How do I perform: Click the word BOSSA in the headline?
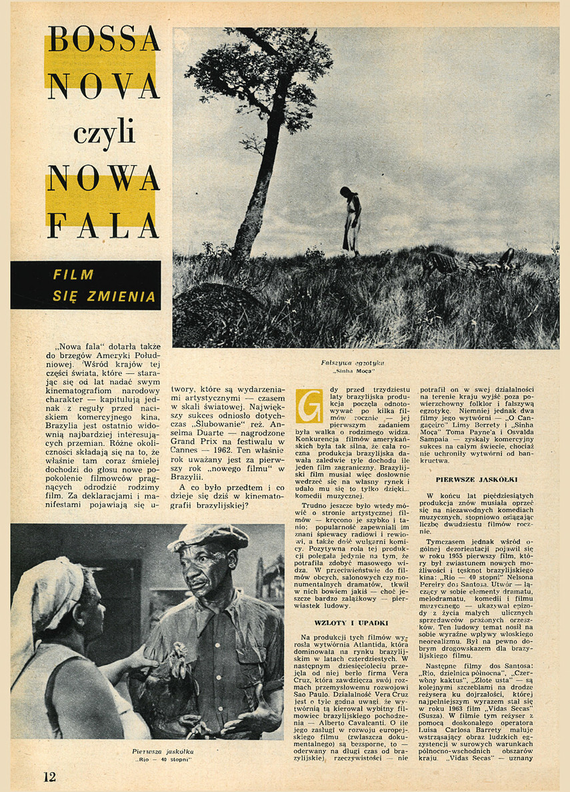103,41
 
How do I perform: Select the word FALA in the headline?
103,225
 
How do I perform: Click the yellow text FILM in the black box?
73,275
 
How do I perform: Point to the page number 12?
49,776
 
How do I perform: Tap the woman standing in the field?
351,220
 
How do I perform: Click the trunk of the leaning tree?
263,180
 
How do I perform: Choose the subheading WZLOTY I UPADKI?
342,623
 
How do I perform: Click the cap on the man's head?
207,536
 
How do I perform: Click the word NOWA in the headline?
103,178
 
